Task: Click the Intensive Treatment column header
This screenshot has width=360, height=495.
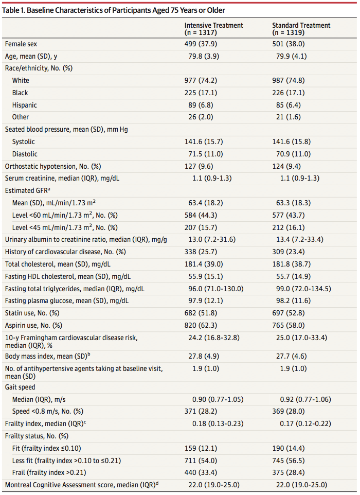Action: (213, 29)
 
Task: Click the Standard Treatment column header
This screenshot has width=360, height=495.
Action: (301, 29)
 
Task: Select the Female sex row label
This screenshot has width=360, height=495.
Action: (21, 44)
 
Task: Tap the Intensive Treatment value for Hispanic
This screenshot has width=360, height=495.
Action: (199, 105)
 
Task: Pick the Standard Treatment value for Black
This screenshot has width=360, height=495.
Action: (289, 93)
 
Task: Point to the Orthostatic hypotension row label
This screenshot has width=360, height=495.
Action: (53, 166)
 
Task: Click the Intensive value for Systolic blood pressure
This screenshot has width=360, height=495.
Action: (204, 142)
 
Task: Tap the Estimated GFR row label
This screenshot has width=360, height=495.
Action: (27, 190)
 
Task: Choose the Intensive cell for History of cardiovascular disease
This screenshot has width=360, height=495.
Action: (201, 252)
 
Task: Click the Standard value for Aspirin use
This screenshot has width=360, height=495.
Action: (289, 326)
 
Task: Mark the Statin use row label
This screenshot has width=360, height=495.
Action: (32, 313)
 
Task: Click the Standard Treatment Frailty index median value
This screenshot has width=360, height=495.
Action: (305, 423)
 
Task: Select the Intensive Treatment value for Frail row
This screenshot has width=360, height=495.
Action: (201, 472)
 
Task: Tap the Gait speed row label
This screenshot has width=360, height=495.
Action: (20, 387)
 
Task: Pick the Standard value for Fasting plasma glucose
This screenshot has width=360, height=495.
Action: (293, 301)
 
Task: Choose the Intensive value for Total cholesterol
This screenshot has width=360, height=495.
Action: (204, 264)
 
